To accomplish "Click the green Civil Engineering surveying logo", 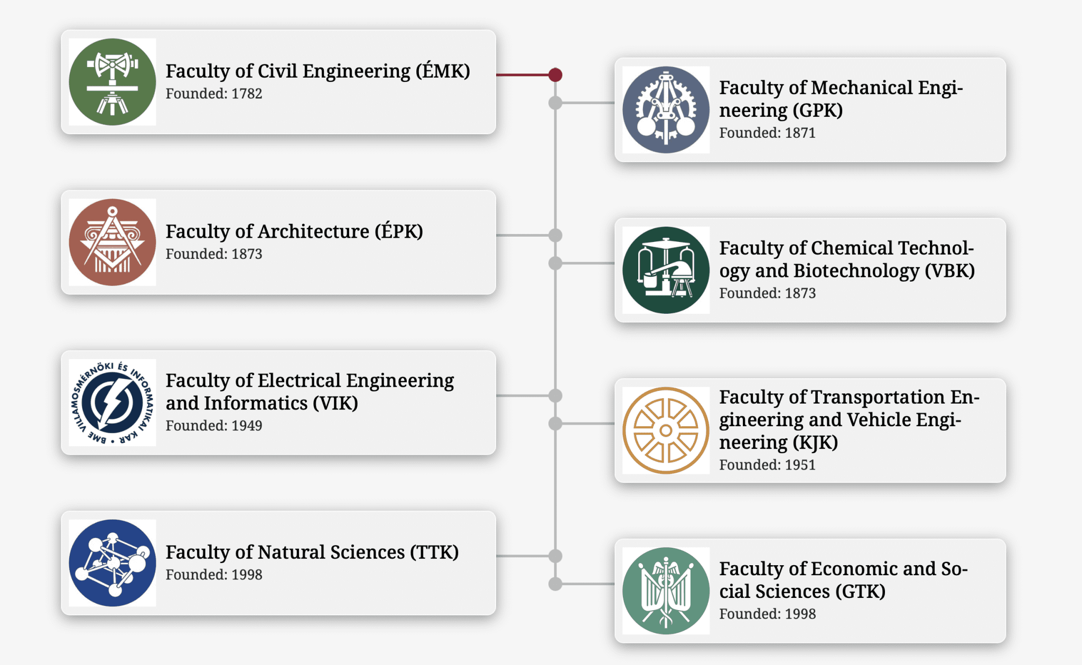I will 112,82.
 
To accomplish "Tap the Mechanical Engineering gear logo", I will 666,110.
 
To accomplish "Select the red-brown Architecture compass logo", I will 112,242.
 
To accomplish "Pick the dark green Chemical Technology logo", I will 666,270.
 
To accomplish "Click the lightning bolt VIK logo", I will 112,402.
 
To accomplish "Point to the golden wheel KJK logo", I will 666,430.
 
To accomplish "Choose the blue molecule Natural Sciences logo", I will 112,563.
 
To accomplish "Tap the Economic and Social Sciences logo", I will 666,591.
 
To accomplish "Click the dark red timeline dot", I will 555,75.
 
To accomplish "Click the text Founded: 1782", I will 214,94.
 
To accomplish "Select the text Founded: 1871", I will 767,133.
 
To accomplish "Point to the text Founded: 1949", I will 214,426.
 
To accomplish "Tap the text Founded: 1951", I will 767,465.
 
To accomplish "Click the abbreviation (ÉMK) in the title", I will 443,71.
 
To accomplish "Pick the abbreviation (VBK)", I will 949,271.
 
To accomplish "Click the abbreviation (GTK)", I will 860,592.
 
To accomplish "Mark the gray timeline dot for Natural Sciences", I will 555,556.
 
